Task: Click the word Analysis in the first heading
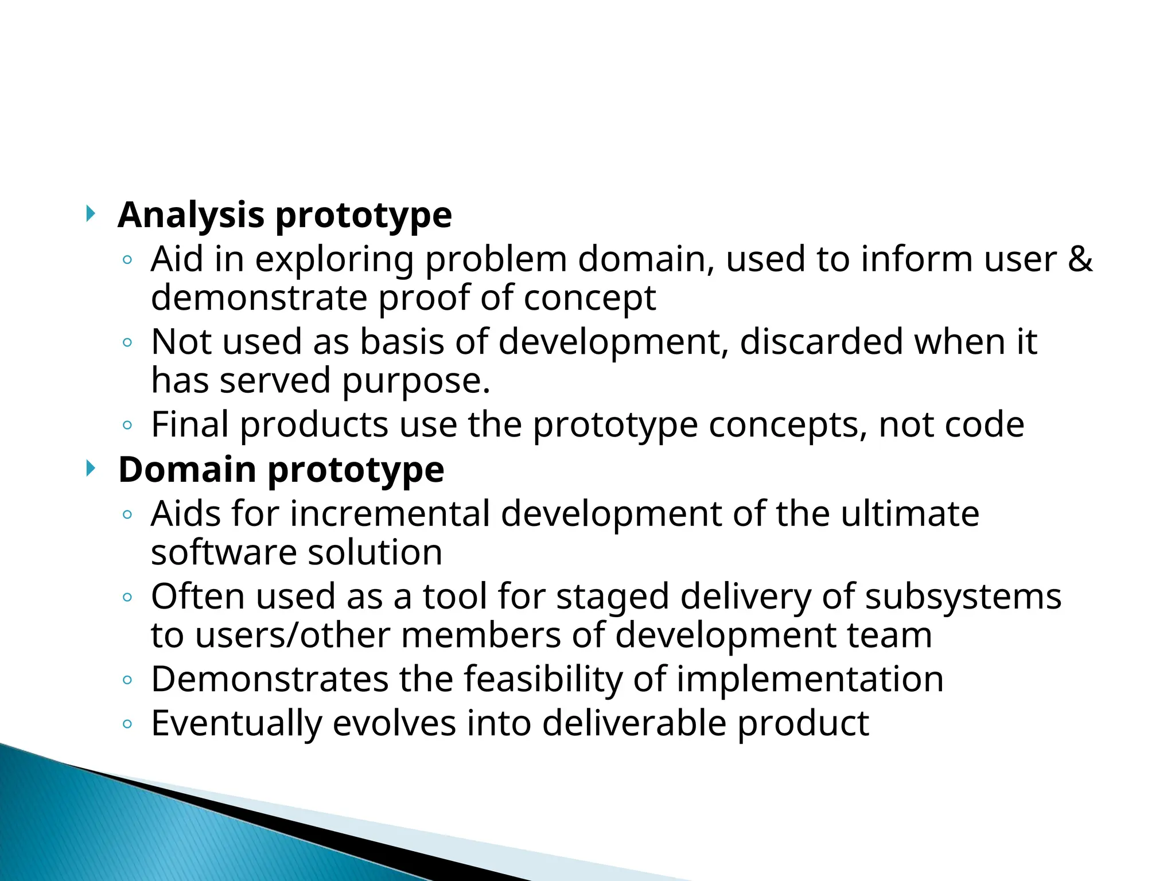190,216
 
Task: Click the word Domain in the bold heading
187,470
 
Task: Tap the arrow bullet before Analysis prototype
90,214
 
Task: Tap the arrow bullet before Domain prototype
90,469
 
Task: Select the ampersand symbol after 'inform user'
1080,259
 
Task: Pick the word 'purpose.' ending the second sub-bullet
417,381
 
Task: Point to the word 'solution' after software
375,552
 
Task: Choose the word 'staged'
612,598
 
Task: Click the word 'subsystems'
963,597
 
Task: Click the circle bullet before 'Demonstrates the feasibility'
127,680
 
